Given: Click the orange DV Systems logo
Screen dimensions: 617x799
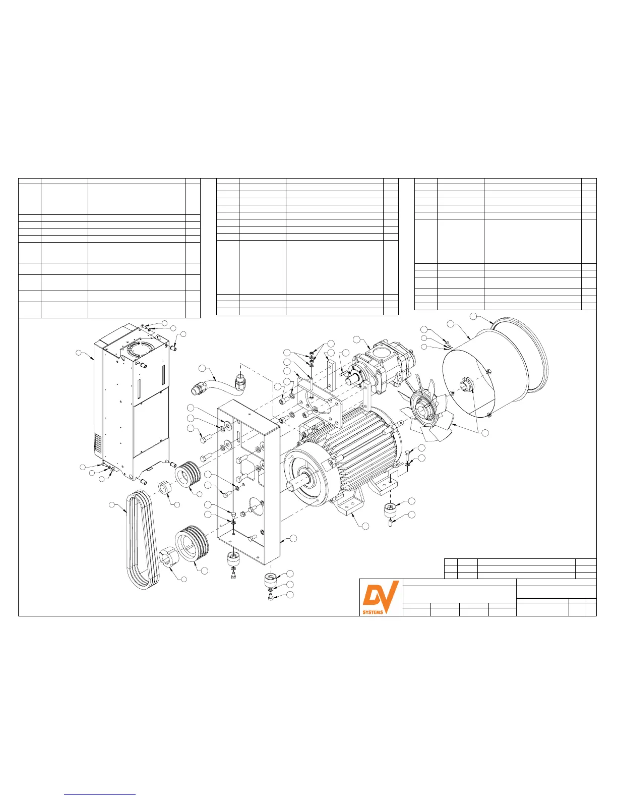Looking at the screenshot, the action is point(381,598).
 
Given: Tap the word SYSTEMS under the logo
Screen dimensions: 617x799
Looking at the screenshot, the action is point(373,612).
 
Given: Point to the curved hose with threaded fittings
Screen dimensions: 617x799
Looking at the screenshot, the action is point(218,384).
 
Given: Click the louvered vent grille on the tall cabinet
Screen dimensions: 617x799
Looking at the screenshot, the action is point(98,444).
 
